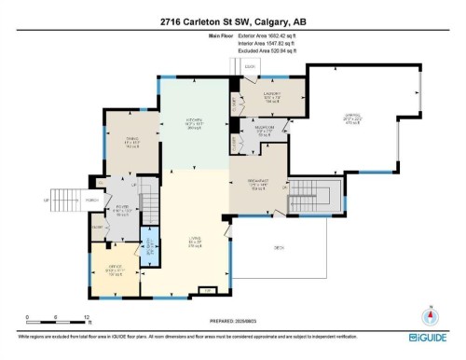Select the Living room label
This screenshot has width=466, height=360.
195,244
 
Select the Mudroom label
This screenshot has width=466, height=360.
264,132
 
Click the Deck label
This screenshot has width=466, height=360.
279,248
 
